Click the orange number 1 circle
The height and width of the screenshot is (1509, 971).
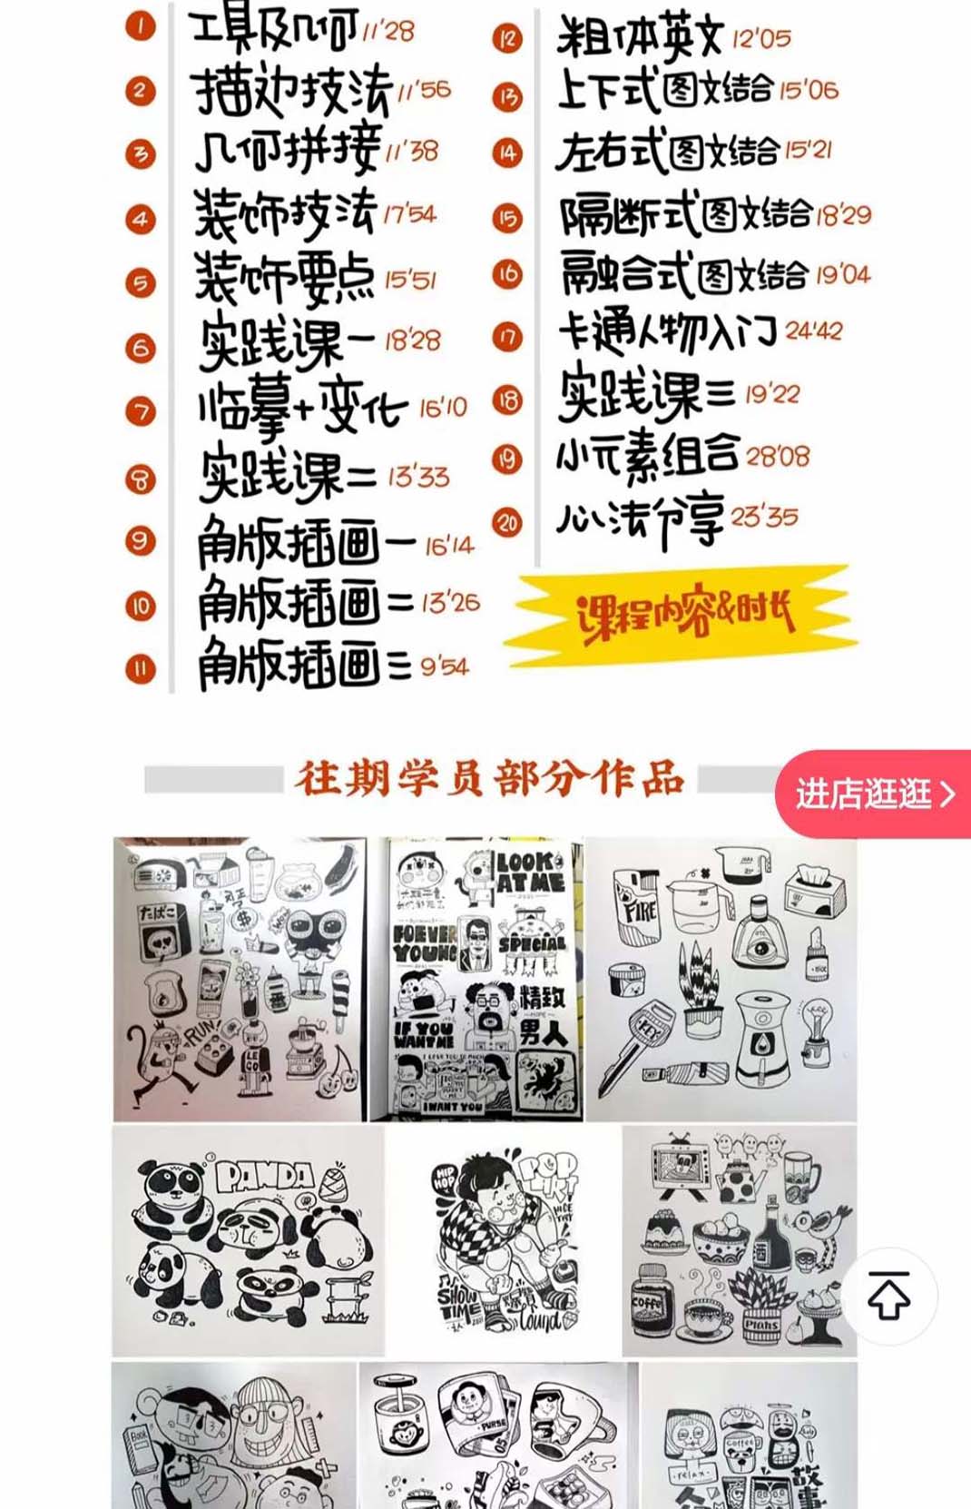pos(141,25)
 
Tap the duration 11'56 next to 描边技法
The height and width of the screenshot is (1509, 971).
pos(424,90)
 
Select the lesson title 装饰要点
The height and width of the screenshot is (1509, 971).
pos(284,277)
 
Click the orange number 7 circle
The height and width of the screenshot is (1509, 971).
pos(141,411)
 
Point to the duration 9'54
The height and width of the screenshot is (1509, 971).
pos(445,667)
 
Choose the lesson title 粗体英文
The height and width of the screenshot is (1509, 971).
pos(639,37)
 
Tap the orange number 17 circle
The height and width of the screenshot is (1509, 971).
pos(507,338)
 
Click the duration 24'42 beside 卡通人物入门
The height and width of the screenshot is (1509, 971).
pos(814,330)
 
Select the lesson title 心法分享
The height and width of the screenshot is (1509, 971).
pos(640,521)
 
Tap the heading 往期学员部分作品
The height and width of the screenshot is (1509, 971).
pos(489,779)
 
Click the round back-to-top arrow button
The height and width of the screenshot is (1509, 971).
pos(889,1295)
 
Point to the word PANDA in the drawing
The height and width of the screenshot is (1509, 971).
pos(264,1178)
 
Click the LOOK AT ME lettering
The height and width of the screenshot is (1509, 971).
pos(530,873)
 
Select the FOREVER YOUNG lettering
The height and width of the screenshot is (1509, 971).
pos(425,942)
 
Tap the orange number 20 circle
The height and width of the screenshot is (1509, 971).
pos(507,522)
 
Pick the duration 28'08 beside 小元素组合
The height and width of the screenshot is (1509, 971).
pos(778,455)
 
